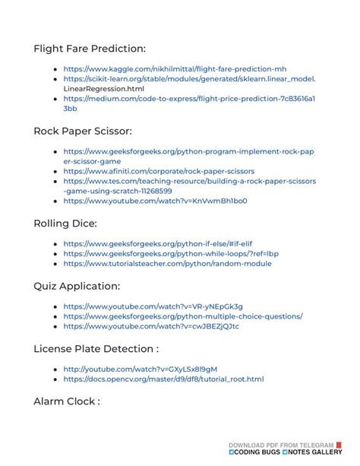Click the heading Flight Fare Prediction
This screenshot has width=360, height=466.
90,49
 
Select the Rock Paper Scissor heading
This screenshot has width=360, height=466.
83,131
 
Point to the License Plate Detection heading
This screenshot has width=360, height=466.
96,348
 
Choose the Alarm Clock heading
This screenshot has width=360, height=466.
67,401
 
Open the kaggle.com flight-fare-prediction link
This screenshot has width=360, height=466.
175,68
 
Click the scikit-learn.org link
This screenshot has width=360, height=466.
189,78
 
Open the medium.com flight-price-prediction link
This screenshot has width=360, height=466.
189,99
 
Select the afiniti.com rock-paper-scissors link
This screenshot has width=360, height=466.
159,172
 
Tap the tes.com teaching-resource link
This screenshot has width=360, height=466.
189,182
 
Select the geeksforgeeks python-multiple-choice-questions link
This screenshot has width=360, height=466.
183,316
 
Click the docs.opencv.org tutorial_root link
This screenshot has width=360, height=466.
163,379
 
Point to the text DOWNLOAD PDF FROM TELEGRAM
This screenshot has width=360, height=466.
281,445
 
